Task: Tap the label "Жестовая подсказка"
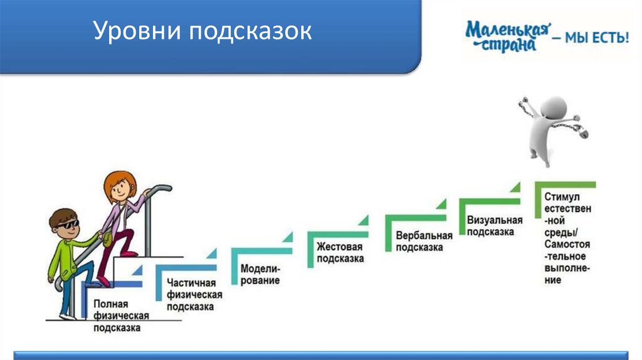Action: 340,252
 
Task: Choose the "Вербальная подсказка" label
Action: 424,241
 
